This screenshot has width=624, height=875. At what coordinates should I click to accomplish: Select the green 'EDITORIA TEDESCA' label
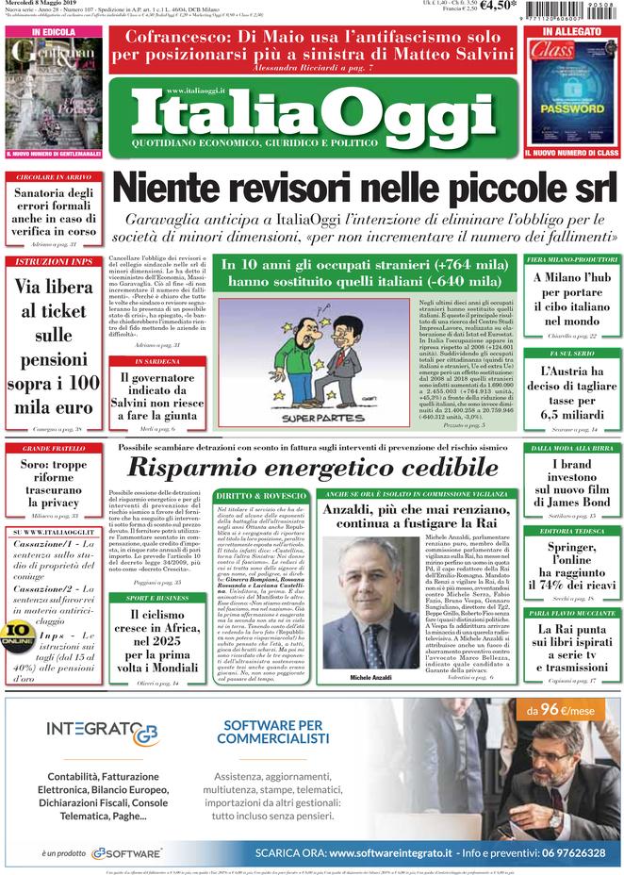click(x=572, y=531)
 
